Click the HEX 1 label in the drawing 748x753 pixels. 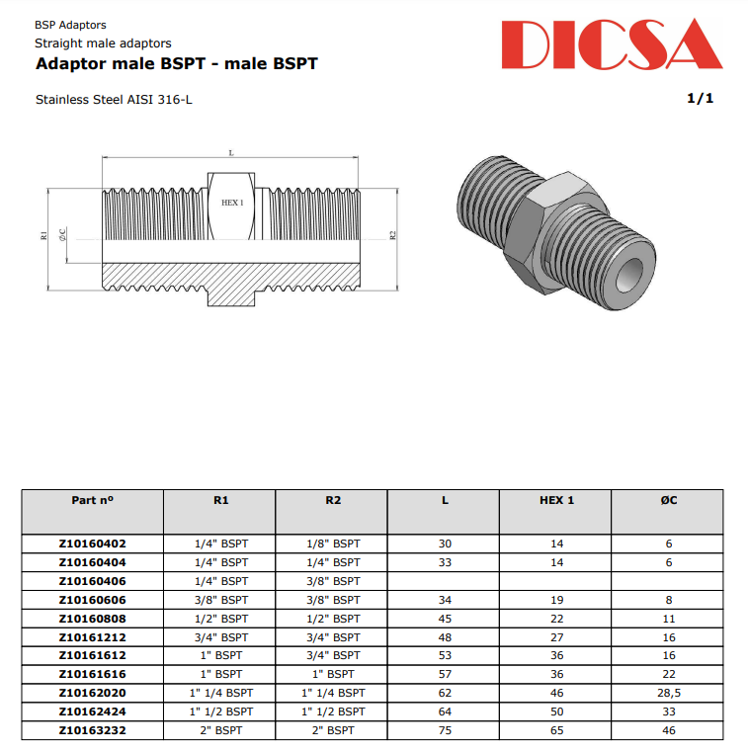click(232, 202)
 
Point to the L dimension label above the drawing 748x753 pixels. click(231, 153)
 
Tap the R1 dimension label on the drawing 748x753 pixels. click(43, 235)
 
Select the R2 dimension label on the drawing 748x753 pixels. click(392, 235)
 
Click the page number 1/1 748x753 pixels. click(700, 99)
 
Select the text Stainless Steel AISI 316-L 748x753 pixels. click(121, 100)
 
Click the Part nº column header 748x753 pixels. click(92, 500)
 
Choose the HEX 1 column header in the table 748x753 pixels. click(556, 500)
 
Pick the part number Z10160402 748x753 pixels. click(92, 544)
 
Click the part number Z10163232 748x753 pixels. click(92, 730)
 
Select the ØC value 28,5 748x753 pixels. click(668, 693)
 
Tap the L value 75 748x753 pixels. click(445, 730)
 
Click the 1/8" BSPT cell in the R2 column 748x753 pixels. click(332, 544)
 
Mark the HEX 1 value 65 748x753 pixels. click(556, 730)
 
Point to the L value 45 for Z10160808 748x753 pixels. click(445, 619)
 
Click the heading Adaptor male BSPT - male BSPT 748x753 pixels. click(176, 64)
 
